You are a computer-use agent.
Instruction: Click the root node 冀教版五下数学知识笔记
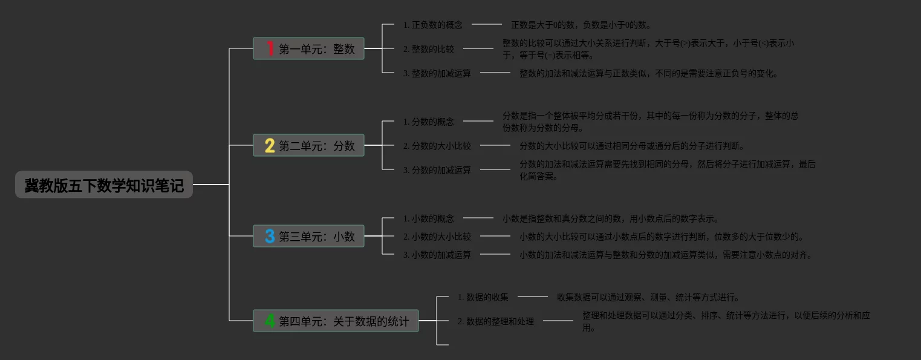(104, 185)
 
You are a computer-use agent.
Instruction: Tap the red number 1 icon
(270, 48)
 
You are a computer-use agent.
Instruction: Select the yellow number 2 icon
(270, 146)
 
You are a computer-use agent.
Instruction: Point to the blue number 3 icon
(270, 237)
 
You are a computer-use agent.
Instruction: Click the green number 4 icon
(270, 321)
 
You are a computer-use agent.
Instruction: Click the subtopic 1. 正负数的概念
(432, 25)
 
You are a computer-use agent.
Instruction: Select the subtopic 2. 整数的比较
(428, 49)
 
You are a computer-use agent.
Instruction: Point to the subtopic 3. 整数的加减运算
(437, 73)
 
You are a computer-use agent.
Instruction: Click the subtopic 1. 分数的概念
(428, 122)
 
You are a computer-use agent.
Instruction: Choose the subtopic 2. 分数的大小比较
(437, 146)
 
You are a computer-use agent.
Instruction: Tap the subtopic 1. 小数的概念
(428, 218)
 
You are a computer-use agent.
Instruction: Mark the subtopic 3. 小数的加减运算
(437, 255)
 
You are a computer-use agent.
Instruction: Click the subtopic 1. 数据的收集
(483, 297)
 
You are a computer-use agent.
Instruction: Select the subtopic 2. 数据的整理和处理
(496, 321)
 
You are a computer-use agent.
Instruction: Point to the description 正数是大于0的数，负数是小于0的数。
(581, 25)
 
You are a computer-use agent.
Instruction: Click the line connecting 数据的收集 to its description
(532, 296)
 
